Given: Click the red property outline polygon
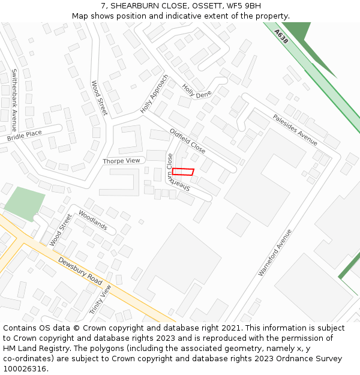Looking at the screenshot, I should [183, 172].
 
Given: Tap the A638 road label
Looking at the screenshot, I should [281, 37].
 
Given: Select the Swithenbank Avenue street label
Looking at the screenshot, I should [14, 100].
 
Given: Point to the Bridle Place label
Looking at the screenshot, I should [25, 136].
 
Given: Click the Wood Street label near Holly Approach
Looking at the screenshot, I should [99, 98].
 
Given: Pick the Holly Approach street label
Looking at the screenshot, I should [154, 94].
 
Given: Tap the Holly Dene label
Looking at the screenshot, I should [197, 91].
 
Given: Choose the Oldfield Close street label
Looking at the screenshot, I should [188, 141].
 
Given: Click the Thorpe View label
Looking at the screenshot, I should [121, 161].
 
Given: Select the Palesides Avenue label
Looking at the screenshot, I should [295, 130].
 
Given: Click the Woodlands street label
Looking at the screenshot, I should [92, 220].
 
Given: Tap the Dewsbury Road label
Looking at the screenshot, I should [80, 271].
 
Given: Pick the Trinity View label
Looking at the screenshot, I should [100, 299].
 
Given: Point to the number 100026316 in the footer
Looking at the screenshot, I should [25, 368].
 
